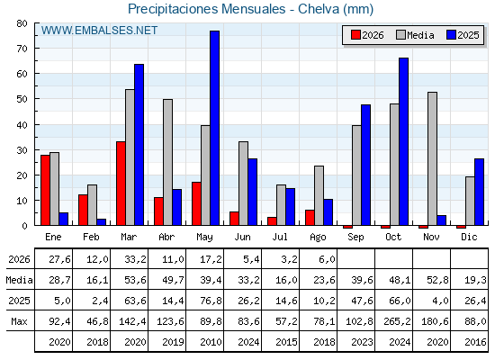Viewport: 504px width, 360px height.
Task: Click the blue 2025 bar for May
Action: pos(215,128)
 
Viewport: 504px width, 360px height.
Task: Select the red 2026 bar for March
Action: pos(121,184)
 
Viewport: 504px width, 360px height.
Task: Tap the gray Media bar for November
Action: pos(432,158)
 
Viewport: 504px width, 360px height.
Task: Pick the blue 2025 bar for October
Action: pos(404,142)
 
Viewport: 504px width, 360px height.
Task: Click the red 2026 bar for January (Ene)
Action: pos(45,190)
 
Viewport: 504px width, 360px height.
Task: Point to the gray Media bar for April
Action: pos(167,162)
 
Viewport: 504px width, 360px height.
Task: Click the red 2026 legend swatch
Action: pos(355,35)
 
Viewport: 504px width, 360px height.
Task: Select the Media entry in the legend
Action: pos(415,35)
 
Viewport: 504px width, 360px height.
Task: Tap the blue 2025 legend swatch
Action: pos(451,35)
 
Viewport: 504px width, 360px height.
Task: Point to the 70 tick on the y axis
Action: pos(22,49)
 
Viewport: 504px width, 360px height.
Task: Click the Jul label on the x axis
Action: pos(280,237)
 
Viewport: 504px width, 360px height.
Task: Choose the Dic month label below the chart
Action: pos(469,237)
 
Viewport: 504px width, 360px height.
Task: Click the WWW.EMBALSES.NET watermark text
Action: pos(99,31)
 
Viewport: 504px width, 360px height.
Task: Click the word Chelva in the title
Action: pos(319,9)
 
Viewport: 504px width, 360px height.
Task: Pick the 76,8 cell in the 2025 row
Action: pos(211,301)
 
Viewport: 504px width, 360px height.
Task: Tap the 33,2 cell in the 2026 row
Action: pos(135,259)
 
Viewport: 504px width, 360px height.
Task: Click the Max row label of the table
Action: pos(19,321)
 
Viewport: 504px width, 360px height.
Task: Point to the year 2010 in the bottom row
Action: pos(211,342)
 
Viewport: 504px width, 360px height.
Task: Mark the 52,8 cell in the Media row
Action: pos(437,280)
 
